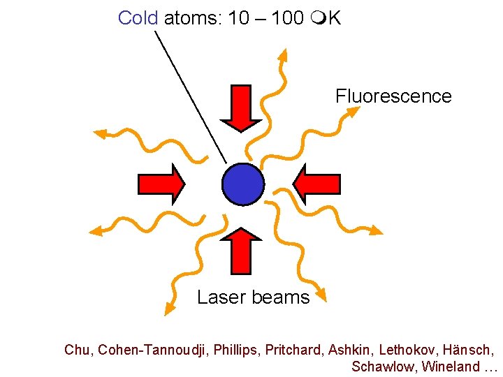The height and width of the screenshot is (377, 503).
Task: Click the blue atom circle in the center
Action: click(x=243, y=184)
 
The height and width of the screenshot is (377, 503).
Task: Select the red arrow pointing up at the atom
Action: click(x=241, y=250)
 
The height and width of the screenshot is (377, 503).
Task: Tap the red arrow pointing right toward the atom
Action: click(x=161, y=184)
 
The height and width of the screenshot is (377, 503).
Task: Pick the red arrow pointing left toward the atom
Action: click(x=316, y=184)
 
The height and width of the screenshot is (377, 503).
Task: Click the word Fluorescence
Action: click(x=393, y=96)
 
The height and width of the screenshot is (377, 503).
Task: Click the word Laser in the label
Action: click(x=218, y=297)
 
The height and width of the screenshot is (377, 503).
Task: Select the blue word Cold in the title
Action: click(x=138, y=18)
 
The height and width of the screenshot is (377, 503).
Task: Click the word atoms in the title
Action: click(x=192, y=18)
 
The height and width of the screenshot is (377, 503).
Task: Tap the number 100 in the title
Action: click(x=287, y=18)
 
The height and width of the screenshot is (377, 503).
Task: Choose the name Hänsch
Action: click(x=472, y=349)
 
